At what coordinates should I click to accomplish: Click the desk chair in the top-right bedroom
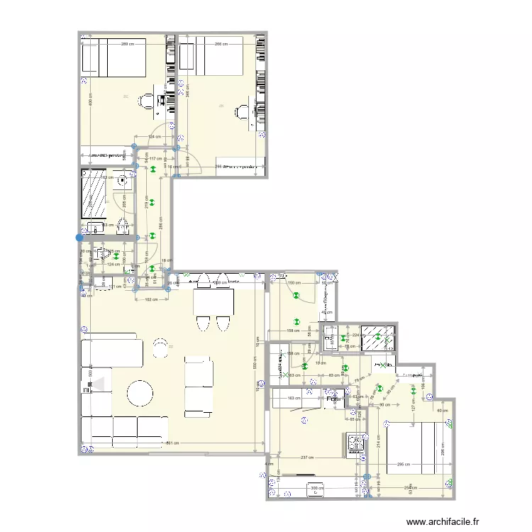pyautogui.click(x=242, y=111)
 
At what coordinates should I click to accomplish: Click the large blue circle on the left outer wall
pyautogui.click(x=79, y=238)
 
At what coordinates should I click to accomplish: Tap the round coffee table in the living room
pyautogui.click(x=140, y=392)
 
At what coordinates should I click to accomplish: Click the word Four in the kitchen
pyautogui.click(x=334, y=399)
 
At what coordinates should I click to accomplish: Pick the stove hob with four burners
pyautogui.click(x=355, y=444)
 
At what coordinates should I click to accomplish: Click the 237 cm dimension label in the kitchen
pyautogui.click(x=308, y=458)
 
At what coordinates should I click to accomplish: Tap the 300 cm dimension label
pyautogui.click(x=316, y=488)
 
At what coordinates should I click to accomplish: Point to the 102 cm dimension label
pyautogui.click(x=150, y=299)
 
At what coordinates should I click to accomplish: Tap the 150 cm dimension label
pyautogui.click(x=292, y=283)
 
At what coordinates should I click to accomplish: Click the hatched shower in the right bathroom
pyautogui.click(x=377, y=339)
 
